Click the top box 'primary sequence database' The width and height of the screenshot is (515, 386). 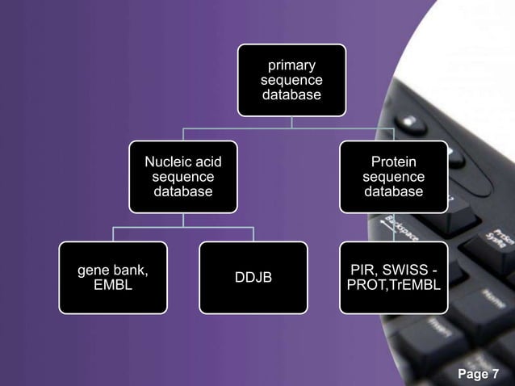291,80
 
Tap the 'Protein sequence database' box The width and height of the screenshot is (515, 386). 393,177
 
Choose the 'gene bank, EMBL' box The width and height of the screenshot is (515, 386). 113,277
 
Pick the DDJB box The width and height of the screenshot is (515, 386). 253,277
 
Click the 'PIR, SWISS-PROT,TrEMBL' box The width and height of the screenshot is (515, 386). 393,277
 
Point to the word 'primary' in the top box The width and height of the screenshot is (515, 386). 291,65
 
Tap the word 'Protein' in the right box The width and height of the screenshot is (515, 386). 393,162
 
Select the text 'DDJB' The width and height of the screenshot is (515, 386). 253,278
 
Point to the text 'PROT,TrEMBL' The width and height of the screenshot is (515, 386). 393,285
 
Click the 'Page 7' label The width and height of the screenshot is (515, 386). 479,374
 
